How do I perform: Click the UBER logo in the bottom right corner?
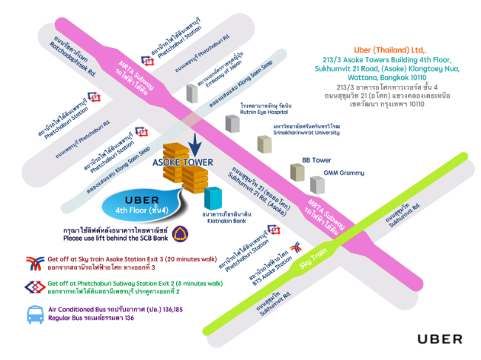pos(440,339)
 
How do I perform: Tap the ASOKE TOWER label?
pos(183,162)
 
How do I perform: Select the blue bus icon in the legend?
pos(35,314)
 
